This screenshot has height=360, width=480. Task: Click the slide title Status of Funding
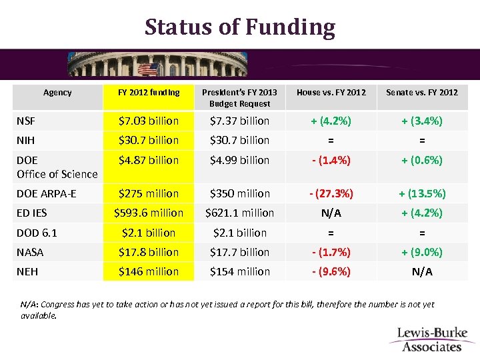(240, 27)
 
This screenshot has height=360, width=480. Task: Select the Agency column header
(57, 93)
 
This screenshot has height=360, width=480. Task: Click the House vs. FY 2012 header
(331, 93)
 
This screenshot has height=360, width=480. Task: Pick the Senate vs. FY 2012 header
(422, 93)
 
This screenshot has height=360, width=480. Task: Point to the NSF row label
(26, 121)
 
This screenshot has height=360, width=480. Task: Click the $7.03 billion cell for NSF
(148, 121)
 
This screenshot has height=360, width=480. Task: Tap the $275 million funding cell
(148, 193)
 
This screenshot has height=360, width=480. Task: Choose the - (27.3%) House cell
(331, 193)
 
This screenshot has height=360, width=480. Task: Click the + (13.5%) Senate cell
(422, 193)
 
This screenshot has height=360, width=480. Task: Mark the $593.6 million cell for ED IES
(148, 213)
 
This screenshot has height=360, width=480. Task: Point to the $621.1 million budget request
(240, 213)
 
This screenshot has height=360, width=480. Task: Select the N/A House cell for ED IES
(331, 213)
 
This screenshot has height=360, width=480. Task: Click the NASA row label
(30, 252)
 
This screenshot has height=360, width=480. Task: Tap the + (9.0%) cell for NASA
(422, 252)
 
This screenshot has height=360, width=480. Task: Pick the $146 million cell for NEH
(148, 271)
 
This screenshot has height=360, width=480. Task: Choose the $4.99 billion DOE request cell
(240, 160)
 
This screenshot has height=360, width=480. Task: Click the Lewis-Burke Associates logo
(432, 339)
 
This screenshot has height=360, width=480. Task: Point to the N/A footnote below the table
(227, 309)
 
